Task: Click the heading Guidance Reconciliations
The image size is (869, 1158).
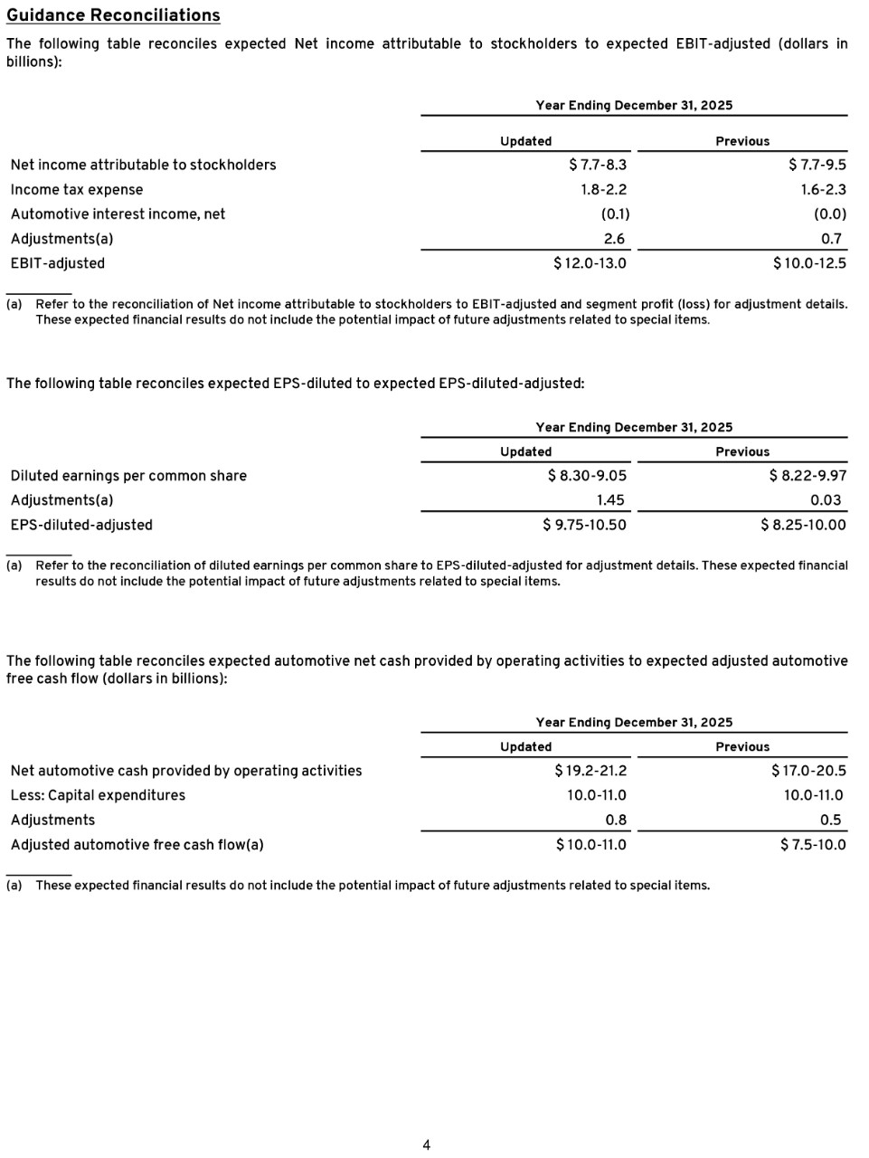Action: tap(113, 15)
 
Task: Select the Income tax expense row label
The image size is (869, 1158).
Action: tap(77, 190)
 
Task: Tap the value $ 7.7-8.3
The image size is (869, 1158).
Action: tap(598, 165)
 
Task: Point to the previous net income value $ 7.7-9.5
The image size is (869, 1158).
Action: tap(817, 165)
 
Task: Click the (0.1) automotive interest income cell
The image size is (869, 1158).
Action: tap(615, 214)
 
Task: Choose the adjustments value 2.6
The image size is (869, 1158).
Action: tap(614, 239)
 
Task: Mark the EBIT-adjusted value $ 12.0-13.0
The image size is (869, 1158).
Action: tap(590, 263)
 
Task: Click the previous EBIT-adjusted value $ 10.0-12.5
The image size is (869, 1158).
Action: tap(809, 263)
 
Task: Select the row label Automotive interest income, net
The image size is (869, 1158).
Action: tap(118, 214)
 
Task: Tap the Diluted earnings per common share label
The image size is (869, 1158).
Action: tap(128, 476)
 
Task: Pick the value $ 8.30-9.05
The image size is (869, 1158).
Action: tap(587, 476)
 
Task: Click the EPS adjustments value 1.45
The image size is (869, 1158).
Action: tap(610, 500)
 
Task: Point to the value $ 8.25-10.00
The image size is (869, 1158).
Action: tap(803, 525)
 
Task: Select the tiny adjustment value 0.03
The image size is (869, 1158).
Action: tap(826, 500)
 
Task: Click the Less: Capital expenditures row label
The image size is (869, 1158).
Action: tap(98, 795)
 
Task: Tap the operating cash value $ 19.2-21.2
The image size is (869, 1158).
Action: tap(590, 771)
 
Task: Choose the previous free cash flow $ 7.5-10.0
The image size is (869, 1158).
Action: tap(813, 845)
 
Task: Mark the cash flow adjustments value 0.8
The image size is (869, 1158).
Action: tap(616, 821)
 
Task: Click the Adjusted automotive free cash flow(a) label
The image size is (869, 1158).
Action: tap(137, 845)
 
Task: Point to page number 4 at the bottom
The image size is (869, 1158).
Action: tap(427, 1145)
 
